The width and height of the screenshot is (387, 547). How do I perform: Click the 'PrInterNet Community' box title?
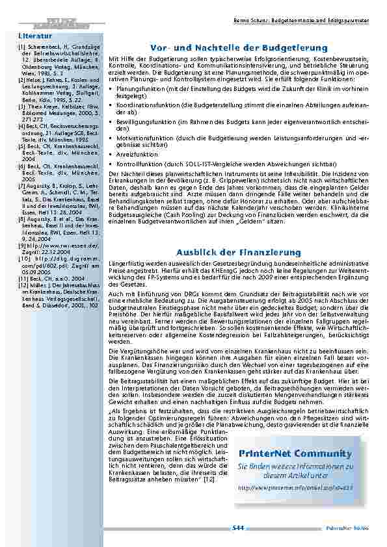point(295,453)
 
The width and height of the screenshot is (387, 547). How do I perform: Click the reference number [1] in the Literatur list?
point(22,47)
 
